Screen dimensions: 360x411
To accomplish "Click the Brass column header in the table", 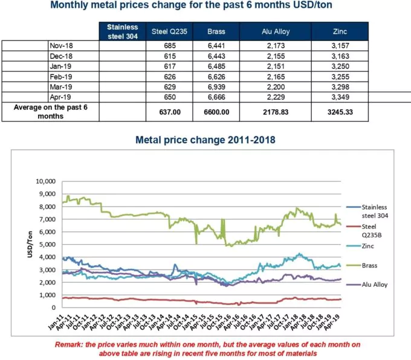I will coord(216,31).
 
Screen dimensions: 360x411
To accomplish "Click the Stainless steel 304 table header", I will coord(123,31).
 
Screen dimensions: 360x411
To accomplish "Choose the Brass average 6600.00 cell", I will coord(216,112).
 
